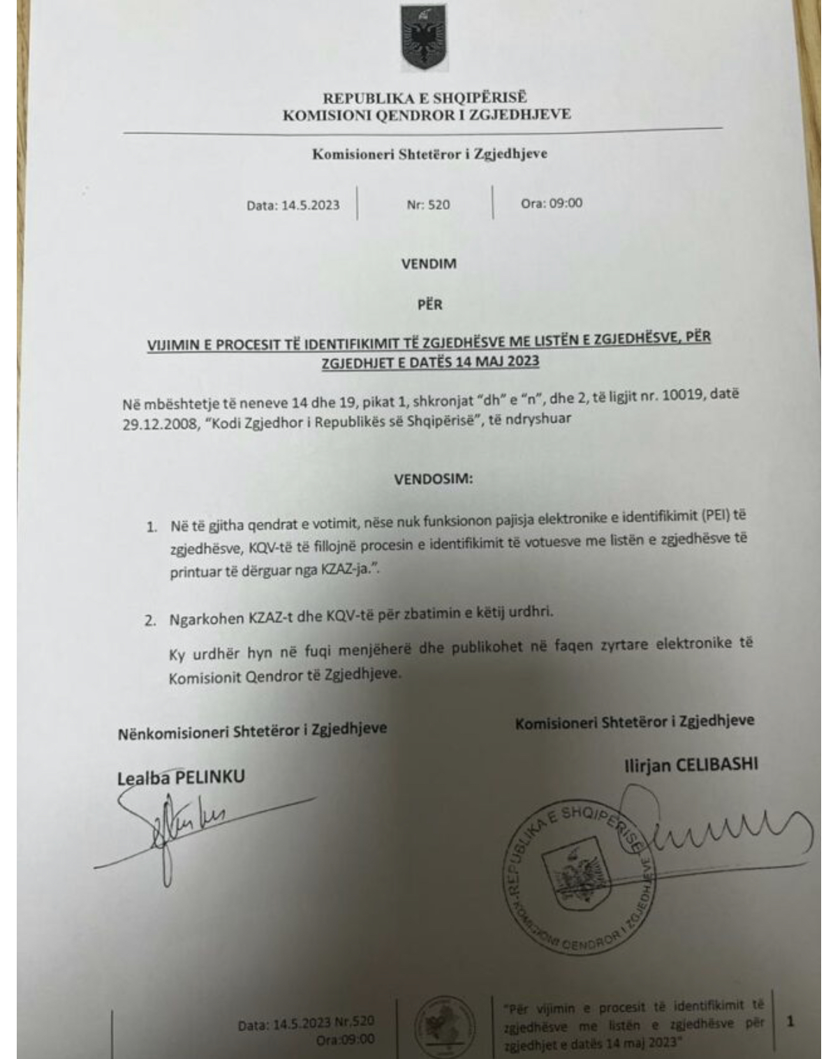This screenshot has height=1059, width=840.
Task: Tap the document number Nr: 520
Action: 428,205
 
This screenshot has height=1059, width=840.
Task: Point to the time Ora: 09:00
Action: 552,204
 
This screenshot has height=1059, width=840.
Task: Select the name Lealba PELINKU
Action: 181,777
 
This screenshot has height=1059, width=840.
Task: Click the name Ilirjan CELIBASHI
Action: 691,765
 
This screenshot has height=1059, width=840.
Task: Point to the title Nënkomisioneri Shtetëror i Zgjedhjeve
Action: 252,730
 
